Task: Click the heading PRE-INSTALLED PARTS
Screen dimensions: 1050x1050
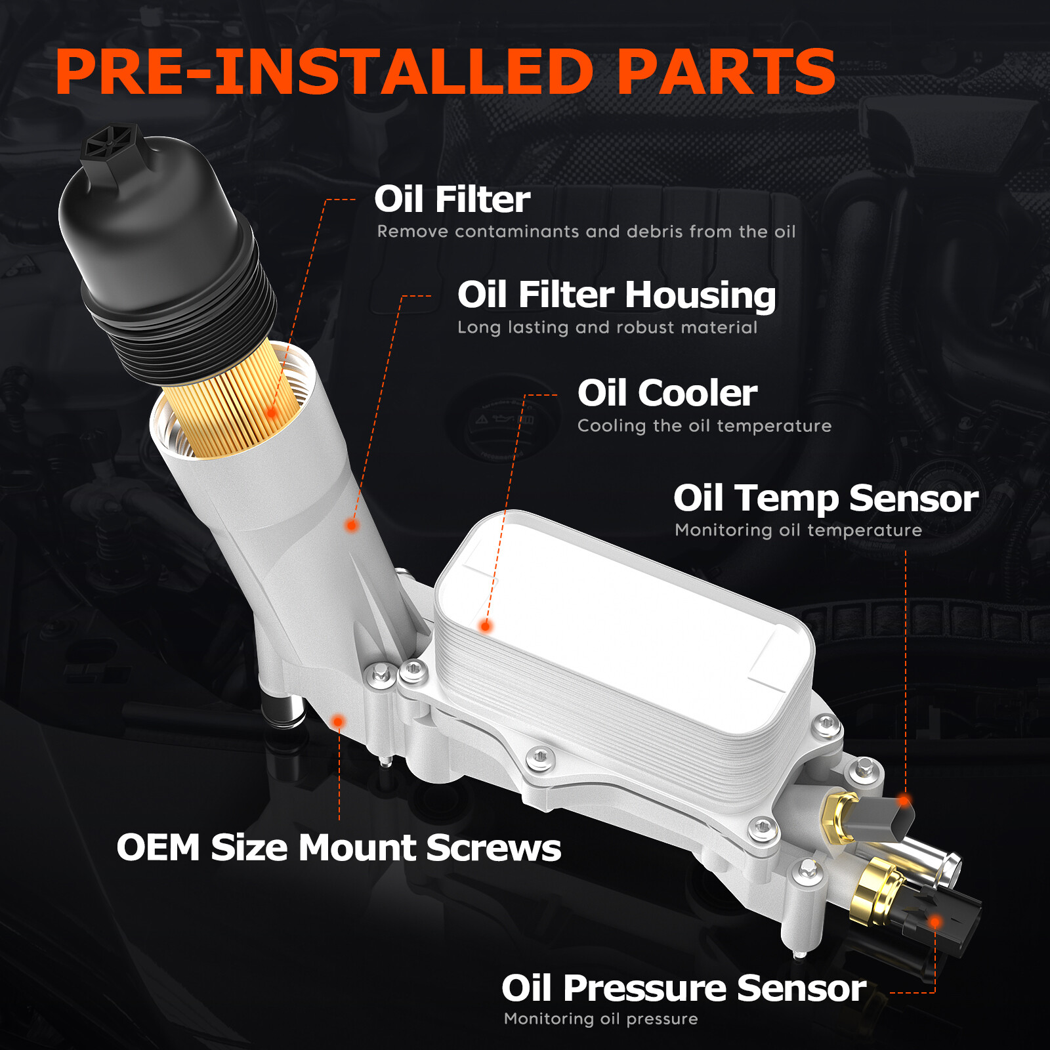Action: (446, 72)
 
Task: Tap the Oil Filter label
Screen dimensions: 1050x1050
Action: (452, 199)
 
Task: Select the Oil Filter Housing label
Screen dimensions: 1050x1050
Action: (616, 295)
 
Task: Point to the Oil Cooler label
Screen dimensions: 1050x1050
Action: (667, 393)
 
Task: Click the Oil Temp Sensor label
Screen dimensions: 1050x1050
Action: (826, 499)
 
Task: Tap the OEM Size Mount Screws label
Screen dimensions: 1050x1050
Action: (339, 847)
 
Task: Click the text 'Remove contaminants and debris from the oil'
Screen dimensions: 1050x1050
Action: (586, 232)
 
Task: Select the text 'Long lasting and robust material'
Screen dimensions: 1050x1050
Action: (607, 327)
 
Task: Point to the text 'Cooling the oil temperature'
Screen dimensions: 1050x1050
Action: (704, 426)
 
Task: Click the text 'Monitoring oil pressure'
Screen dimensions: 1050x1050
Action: (600, 1018)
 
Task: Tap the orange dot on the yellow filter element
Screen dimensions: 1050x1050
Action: (272, 412)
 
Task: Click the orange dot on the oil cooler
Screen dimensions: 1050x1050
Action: (486, 626)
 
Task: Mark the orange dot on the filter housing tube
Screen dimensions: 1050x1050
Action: (352, 525)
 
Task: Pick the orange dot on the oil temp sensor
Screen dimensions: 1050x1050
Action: (904, 800)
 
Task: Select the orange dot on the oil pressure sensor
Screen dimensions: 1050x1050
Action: (935, 922)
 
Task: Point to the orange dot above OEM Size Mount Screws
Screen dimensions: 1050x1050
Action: (338, 722)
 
